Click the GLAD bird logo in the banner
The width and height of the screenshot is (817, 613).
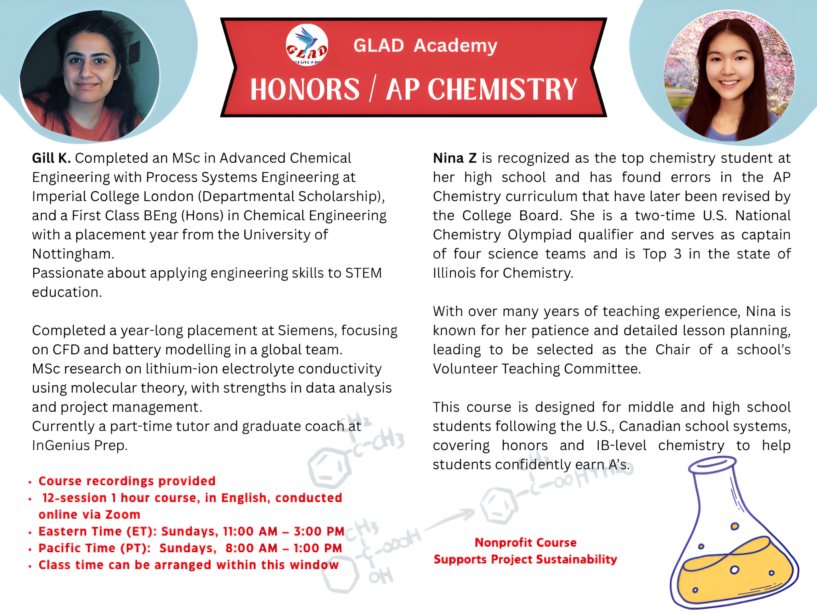pyautogui.click(x=307, y=45)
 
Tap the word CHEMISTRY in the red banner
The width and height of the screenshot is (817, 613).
pyautogui.click(x=502, y=89)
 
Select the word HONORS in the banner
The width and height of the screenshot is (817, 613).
pyautogui.click(x=305, y=89)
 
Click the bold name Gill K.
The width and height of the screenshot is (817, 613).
pyautogui.click(x=51, y=158)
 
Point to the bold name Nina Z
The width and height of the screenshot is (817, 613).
pyautogui.click(x=455, y=158)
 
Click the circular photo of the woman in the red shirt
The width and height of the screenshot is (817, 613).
pyautogui.click(x=89, y=76)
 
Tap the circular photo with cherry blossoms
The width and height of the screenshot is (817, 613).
pyautogui.click(x=729, y=76)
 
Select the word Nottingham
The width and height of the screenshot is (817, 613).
pyautogui.click(x=73, y=254)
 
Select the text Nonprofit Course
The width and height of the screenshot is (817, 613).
pyautogui.click(x=525, y=542)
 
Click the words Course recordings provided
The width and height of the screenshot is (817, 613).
pyautogui.click(x=127, y=481)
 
